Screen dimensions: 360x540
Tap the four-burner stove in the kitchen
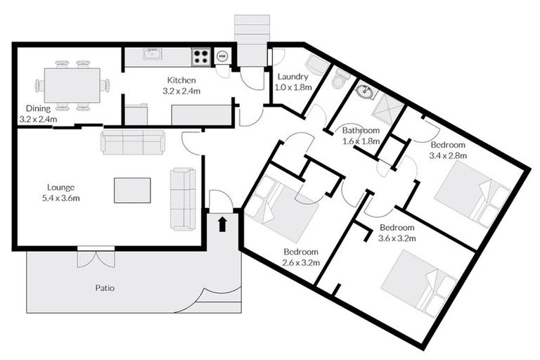coord(201,56)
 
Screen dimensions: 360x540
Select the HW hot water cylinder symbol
coord(222,56)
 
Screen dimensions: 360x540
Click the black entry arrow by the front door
coord(223,224)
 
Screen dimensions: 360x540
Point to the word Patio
coord(105,288)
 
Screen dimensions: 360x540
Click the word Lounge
coord(61,187)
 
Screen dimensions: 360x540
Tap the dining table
coord(72,85)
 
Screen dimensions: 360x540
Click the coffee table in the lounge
coord(132,190)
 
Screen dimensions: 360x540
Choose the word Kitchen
coord(181,80)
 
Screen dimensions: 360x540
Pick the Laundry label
coord(291,77)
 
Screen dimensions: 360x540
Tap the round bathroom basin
coord(365,91)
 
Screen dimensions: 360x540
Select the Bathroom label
coord(361,130)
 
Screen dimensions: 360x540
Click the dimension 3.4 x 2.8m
coord(449,155)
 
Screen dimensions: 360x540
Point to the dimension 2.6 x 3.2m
coord(302,262)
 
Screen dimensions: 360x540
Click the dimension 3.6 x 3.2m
coord(398,238)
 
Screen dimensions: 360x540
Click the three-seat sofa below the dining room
coord(133,142)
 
